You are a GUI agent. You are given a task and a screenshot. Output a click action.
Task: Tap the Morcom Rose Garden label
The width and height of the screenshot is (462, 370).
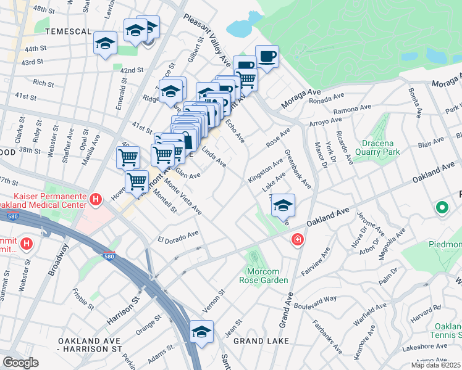click(264, 276)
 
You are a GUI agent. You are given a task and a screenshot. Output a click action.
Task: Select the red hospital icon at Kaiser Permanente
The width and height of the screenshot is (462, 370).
click(95, 199)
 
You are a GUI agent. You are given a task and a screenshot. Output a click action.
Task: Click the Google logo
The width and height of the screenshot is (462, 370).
click(20, 363)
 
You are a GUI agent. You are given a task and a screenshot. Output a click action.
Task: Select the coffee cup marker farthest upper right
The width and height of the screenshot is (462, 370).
click(267, 57)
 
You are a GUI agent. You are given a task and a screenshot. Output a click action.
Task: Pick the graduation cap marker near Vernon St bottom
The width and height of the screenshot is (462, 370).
click(201, 332)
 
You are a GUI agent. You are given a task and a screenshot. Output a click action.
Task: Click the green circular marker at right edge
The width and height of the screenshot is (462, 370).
click(443, 208)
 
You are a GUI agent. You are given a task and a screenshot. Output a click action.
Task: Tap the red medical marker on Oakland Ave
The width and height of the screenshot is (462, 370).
click(298, 239)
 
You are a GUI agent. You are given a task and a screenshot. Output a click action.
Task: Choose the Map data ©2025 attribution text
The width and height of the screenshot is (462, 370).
click(435, 365)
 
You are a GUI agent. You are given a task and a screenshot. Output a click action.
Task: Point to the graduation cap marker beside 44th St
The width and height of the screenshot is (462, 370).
click(106, 44)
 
